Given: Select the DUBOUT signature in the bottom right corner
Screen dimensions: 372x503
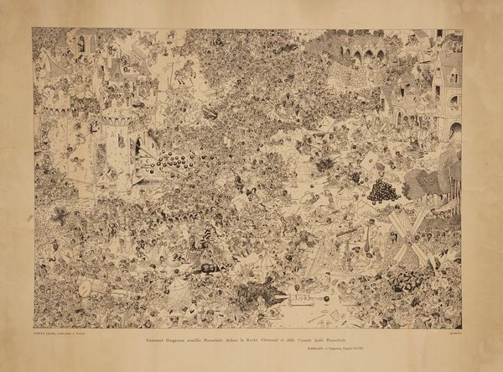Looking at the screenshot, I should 452,336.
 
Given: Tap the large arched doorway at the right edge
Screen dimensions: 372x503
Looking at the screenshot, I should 454,130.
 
